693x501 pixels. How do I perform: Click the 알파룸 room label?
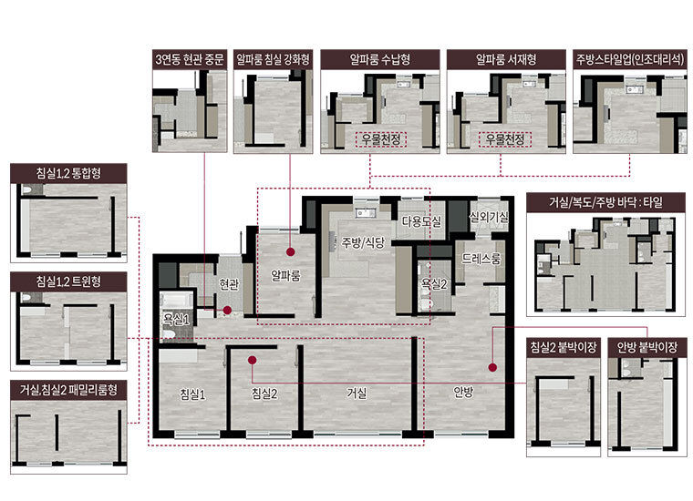(285, 275)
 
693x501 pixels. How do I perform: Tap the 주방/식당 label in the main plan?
(363, 242)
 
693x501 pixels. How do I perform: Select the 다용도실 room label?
(421, 221)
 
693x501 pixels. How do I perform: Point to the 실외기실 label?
(489, 217)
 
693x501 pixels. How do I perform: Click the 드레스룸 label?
(481, 259)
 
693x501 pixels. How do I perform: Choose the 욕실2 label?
(433, 283)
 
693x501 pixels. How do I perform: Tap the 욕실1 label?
(176, 319)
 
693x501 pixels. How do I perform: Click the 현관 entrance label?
(229, 285)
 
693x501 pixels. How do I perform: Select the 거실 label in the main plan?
(357, 393)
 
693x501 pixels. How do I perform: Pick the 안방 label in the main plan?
(463, 391)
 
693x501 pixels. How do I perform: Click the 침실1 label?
(192, 394)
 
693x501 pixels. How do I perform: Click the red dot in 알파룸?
(290, 252)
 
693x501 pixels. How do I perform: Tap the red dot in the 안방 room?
(492, 367)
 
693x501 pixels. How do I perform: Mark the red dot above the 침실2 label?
(253, 360)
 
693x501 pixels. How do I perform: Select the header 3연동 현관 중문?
(190, 59)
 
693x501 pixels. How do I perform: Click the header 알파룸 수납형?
(380, 59)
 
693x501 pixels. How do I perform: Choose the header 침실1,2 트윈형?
(68, 281)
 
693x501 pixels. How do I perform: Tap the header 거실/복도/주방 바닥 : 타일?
(606, 202)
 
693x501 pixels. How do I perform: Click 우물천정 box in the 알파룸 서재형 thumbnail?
(505, 139)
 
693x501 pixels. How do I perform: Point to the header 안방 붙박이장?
(647, 347)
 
